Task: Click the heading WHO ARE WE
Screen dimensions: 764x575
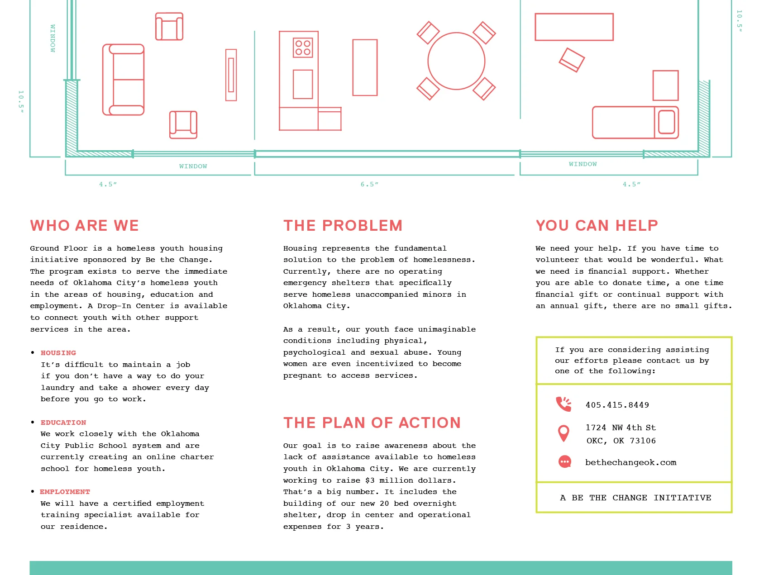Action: (x=85, y=225)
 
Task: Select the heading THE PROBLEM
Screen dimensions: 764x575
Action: (x=343, y=225)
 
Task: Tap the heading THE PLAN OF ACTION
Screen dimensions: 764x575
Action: (x=372, y=423)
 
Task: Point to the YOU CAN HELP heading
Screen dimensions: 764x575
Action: (x=597, y=225)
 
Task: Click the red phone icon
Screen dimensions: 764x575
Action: (x=563, y=404)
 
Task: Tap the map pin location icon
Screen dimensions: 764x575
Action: (x=563, y=433)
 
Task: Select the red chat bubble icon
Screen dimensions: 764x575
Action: (x=564, y=462)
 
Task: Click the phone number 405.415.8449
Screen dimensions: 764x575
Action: (x=617, y=405)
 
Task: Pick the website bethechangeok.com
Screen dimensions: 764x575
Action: (x=630, y=462)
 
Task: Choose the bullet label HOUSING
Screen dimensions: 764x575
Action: (x=58, y=353)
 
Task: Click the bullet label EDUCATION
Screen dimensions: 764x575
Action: (x=63, y=423)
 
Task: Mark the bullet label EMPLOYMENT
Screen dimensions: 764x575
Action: (x=65, y=492)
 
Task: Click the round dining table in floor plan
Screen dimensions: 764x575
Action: (x=456, y=61)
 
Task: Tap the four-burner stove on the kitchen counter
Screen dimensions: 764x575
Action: (x=303, y=48)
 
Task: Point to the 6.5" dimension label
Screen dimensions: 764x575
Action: (x=369, y=185)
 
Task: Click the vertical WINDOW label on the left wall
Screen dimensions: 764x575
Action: (x=53, y=38)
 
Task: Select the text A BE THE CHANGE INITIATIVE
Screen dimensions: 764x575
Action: (x=635, y=498)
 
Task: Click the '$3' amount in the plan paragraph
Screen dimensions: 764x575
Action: (x=370, y=480)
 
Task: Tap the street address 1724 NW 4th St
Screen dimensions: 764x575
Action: (x=621, y=428)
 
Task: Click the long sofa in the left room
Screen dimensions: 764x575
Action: (x=124, y=80)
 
